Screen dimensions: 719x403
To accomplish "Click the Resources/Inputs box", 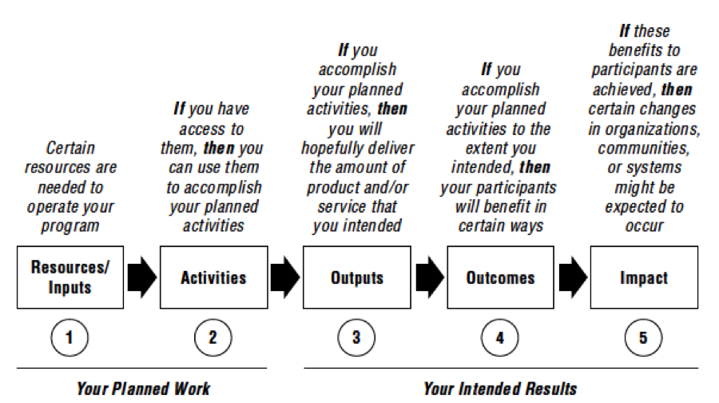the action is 70,277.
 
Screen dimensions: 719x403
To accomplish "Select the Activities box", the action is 213,277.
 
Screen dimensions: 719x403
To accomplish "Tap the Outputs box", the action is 357,277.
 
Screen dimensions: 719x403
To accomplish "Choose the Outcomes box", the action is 500,277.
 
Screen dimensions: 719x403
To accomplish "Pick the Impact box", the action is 644,277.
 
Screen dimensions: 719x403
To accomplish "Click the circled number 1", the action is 70,337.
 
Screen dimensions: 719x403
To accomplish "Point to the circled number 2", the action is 213,337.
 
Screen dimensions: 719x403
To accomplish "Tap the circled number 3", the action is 356,337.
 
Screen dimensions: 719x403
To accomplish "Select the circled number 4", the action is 500,337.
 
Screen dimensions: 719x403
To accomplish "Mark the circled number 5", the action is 643,337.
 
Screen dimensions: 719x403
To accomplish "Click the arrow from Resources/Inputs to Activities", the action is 142,277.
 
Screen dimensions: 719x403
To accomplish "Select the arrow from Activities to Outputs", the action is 285,277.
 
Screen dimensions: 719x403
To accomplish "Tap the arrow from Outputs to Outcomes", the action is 430,277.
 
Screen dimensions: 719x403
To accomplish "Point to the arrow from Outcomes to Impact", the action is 573,277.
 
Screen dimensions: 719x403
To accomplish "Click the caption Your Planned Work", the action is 143,389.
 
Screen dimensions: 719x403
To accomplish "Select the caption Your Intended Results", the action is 500,389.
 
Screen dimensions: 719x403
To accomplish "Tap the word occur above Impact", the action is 644,226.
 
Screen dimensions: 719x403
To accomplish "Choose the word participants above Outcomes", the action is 516,188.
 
